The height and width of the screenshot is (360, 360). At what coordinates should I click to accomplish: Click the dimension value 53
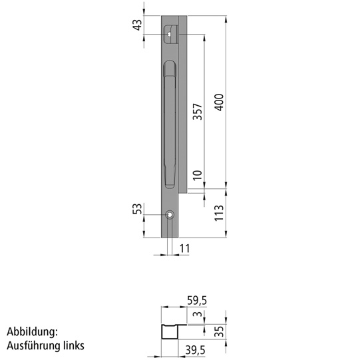(x=138, y=209)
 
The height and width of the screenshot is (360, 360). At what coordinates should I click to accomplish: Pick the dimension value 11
(x=185, y=248)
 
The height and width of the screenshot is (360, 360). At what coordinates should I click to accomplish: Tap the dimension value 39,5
(x=194, y=350)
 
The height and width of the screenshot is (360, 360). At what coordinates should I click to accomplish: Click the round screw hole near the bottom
(x=170, y=214)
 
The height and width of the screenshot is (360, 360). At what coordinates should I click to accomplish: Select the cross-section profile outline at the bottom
(x=168, y=331)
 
